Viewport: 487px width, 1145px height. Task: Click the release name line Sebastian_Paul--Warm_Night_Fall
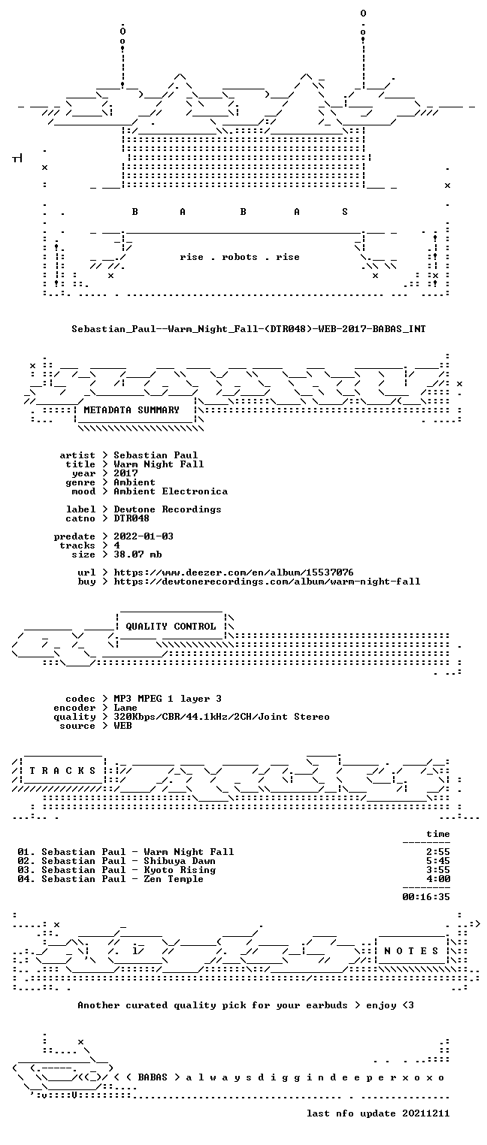249,329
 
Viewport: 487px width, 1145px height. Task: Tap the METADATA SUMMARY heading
132,410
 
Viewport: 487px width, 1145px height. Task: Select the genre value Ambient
135,482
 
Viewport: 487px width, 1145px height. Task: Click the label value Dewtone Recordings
168,509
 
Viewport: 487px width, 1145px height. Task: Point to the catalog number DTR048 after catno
132,518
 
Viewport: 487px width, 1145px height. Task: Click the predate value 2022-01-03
144,536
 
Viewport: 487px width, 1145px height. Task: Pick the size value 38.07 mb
138,554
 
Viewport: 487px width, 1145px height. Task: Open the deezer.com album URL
233,572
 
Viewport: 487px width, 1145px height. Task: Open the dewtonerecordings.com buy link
267,582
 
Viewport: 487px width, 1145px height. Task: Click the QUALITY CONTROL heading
171,627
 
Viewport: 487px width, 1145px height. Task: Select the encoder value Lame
126,708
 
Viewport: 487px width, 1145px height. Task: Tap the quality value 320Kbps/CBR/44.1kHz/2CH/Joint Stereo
222,718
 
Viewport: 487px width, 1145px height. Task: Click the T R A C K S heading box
63,771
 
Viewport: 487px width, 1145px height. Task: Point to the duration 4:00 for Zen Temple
438,879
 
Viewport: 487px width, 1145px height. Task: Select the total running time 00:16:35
426,897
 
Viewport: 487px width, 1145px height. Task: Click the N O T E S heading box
411,951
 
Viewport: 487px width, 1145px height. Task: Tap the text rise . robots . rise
240,257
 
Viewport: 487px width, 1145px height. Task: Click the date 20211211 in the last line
426,1113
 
